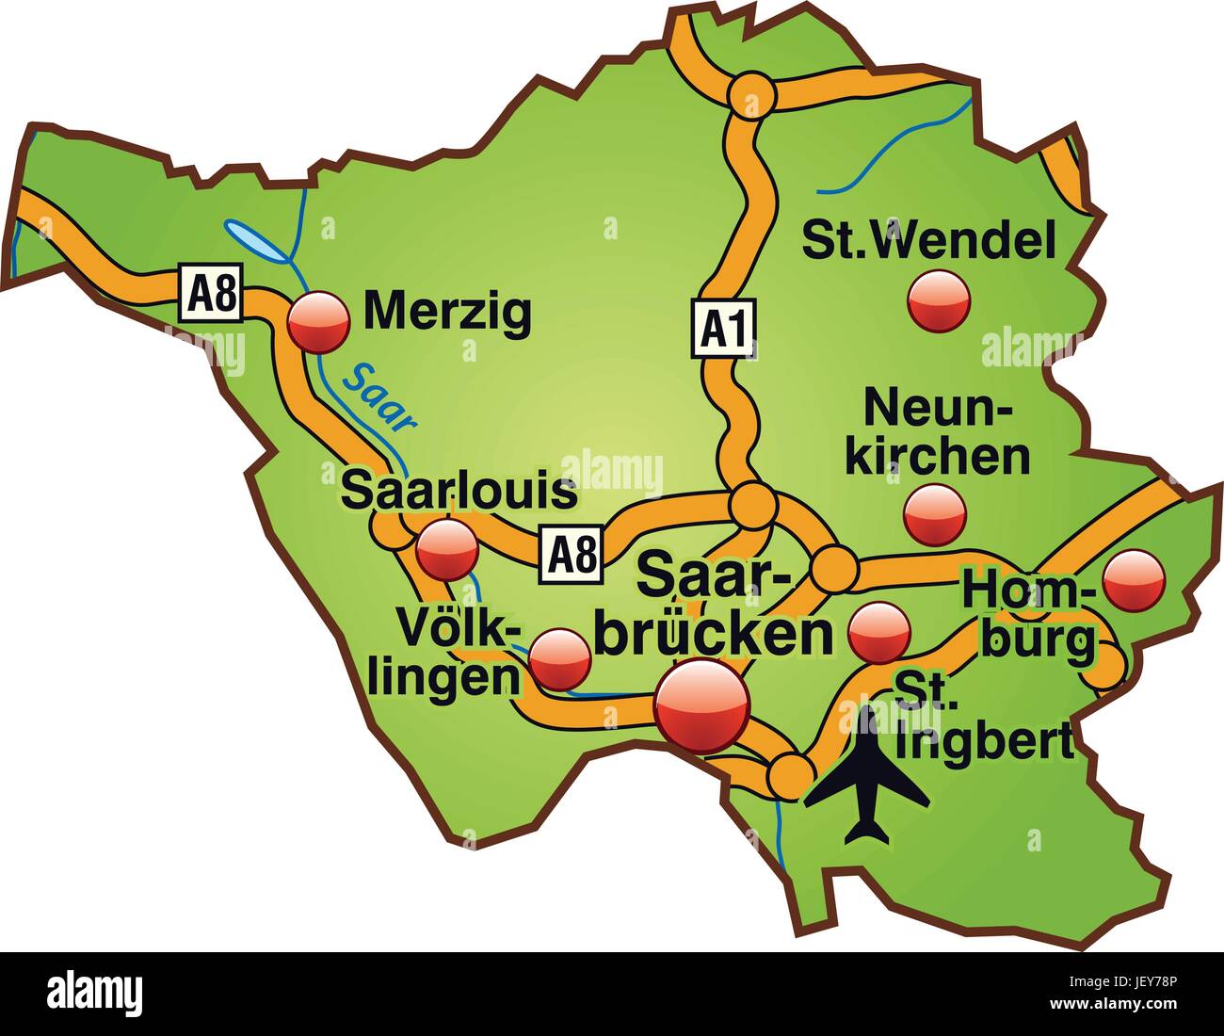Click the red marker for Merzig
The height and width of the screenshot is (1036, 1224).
318,321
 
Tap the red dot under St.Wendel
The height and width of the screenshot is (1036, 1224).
939,300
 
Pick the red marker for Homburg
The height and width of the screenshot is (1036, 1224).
1134,579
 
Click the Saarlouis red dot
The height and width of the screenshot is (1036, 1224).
446,550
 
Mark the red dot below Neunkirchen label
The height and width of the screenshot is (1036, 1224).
935,514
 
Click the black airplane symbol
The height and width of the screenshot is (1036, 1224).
866,775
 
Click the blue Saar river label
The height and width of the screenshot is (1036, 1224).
378,397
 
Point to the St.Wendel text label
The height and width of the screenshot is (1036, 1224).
927,240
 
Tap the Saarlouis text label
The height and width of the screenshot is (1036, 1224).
459,492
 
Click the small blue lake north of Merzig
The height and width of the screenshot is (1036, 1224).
256,241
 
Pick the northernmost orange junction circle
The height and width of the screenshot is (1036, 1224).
751,94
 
